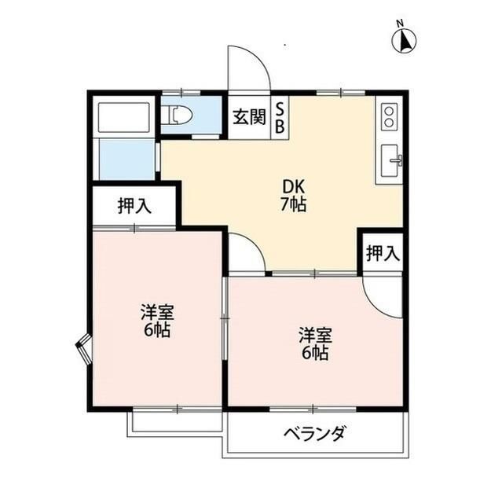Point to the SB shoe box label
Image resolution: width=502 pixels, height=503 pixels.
click(280, 119)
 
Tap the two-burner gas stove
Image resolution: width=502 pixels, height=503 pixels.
click(388, 119)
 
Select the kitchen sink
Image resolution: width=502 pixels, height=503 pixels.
click(390, 163)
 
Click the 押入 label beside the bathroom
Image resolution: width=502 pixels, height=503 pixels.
click(134, 206)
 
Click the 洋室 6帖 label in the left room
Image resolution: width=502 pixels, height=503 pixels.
click(156, 320)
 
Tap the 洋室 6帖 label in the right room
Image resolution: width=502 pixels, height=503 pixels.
click(314, 344)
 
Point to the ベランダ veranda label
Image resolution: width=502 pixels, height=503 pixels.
click(314, 434)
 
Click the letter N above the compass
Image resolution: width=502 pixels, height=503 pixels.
click(401, 23)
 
